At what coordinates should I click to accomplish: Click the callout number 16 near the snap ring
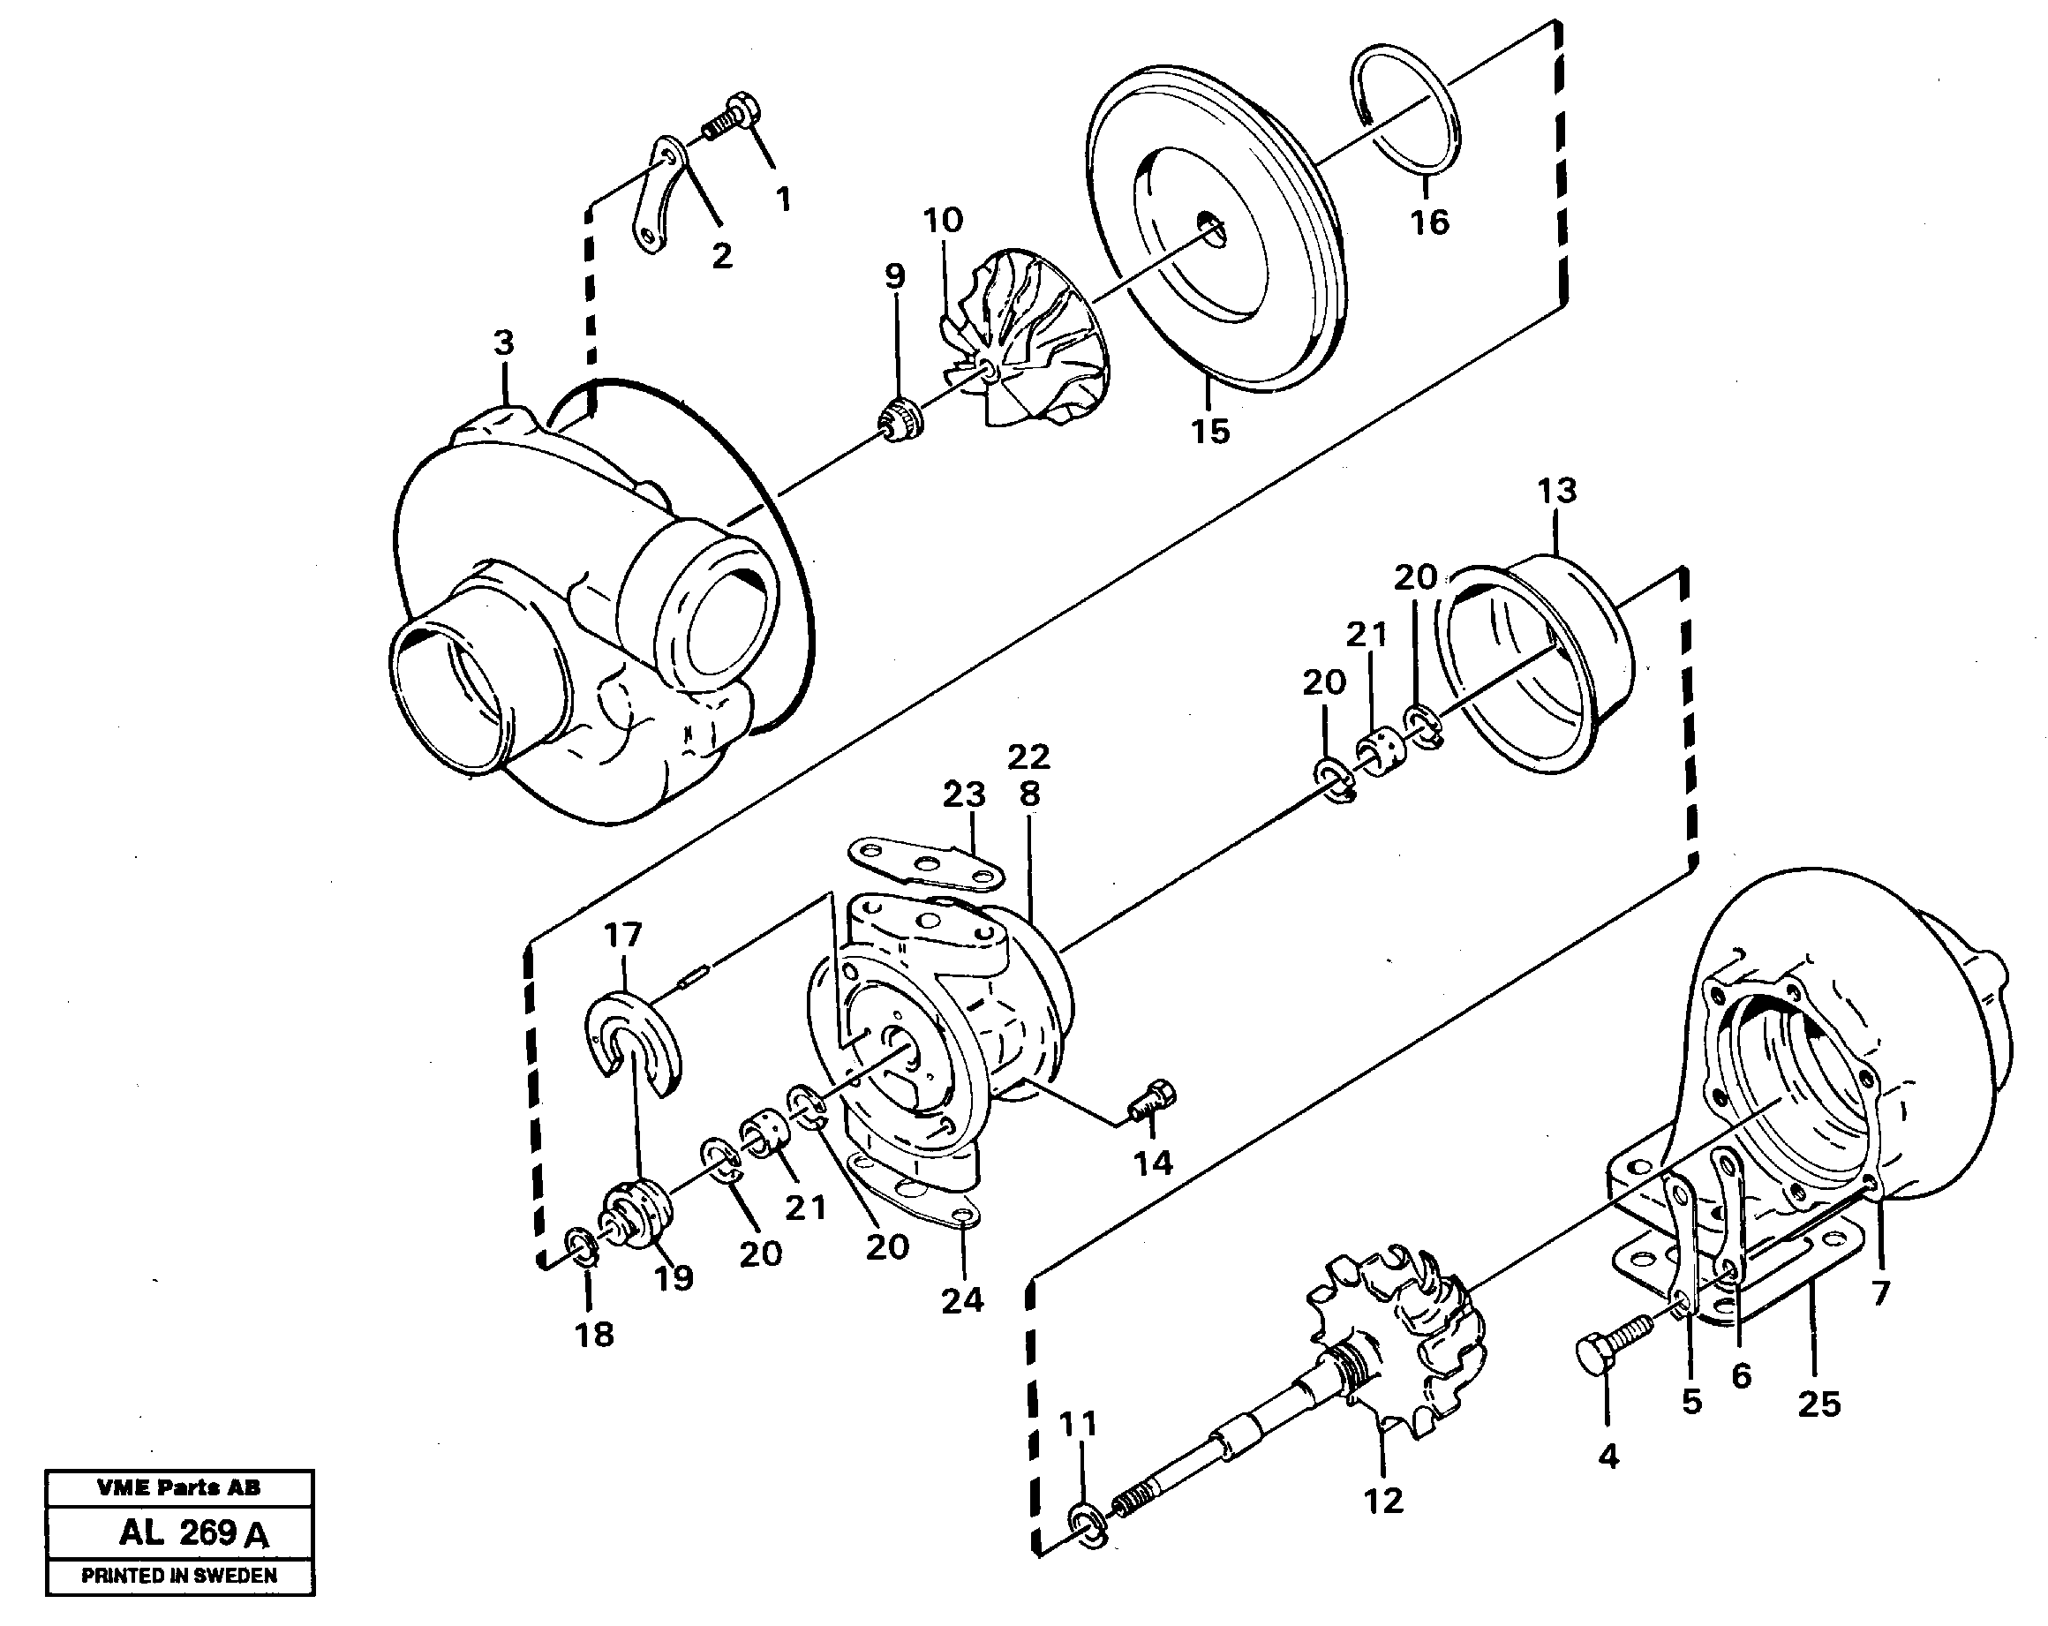(x=1428, y=222)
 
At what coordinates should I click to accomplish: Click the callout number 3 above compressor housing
(x=503, y=343)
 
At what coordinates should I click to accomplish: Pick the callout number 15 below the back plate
(x=1210, y=431)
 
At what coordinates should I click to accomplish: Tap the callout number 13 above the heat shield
(x=1556, y=491)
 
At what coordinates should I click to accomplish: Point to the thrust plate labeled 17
(x=634, y=1043)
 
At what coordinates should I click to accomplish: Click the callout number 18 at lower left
(x=594, y=1335)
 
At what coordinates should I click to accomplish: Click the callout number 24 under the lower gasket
(x=961, y=1299)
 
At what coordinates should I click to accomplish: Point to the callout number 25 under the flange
(x=1818, y=1404)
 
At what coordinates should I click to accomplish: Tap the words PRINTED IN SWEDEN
(x=178, y=1576)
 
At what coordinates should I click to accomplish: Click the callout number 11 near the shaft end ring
(x=1077, y=1424)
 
